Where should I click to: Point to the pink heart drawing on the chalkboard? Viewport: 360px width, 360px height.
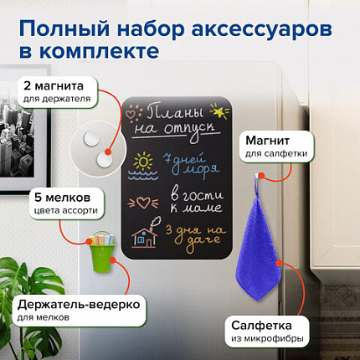tap(144, 202)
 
